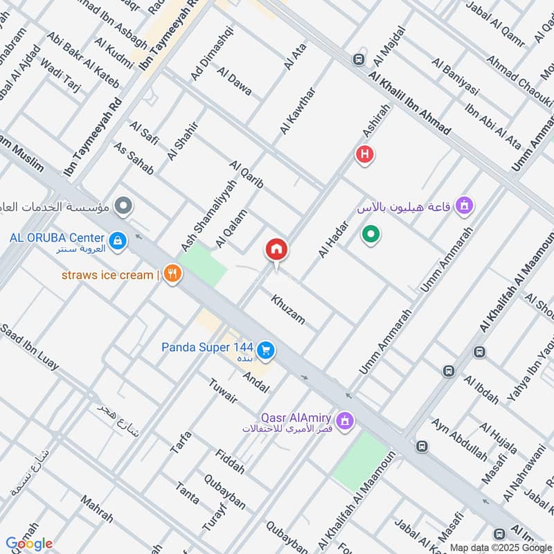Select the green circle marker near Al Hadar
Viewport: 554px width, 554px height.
[371, 235]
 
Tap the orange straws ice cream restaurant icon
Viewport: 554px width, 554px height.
[172, 275]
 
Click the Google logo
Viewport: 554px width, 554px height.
[29, 544]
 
